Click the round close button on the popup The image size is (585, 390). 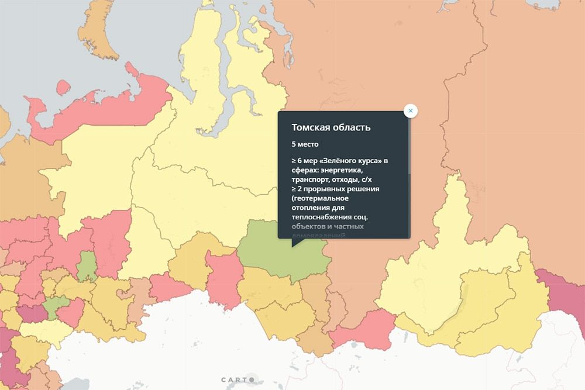(x=411, y=111)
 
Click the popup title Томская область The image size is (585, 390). (x=331, y=127)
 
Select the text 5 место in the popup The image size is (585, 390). (x=305, y=144)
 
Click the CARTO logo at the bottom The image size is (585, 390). (x=238, y=379)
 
